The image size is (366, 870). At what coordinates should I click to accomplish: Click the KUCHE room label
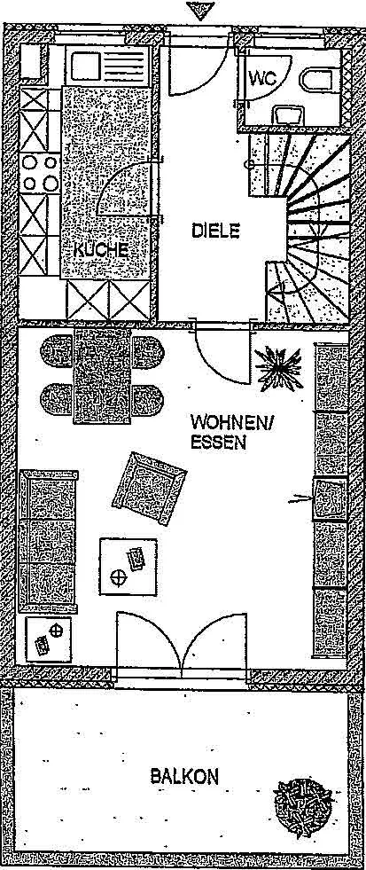(x=101, y=250)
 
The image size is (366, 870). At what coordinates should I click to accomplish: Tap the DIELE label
(x=215, y=231)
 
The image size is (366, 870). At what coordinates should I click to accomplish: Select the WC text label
(x=262, y=78)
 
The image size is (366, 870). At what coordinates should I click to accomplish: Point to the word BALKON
(x=184, y=776)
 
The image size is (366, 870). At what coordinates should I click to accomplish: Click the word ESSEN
(x=219, y=443)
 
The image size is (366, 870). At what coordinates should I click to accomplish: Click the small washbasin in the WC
(x=288, y=114)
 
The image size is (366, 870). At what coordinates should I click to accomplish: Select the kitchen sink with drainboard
(x=107, y=66)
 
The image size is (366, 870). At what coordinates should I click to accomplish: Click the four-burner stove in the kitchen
(x=40, y=173)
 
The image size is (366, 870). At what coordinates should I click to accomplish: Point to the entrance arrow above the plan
(x=199, y=10)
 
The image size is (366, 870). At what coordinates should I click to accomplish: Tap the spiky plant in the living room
(x=278, y=368)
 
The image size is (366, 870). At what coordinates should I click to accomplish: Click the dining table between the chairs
(x=103, y=375)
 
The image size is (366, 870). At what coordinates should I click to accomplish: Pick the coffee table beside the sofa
(x=128, y=567)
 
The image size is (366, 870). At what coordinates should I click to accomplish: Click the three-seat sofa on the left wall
(x=48, y=541)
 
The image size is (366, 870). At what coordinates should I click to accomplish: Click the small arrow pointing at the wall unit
(x=300, y=500)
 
